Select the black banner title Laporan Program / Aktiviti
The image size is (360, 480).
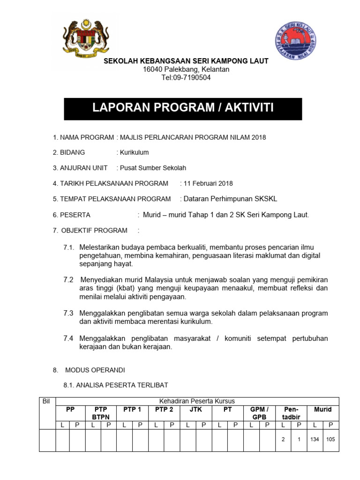tap(183, 109)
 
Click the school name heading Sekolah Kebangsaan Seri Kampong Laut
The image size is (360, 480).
tap(186, 61)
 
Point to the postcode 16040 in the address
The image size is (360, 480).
tap(152, 69)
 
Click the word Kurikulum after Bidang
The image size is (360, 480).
tap(135, 152)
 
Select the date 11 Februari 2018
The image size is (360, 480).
tap(208, 183)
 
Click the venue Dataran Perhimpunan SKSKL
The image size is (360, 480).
tap(230, 199)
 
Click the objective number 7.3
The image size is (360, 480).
tap(68, 313)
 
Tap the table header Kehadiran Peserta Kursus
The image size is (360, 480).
tap(197, 401)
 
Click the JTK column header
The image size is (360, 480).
tap(195, 409)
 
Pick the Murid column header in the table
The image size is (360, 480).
tap(322, 409)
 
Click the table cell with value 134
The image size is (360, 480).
tap(315, 440)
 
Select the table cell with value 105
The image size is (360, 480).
tap(331, 440)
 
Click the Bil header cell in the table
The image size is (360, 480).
tap(46, 401)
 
